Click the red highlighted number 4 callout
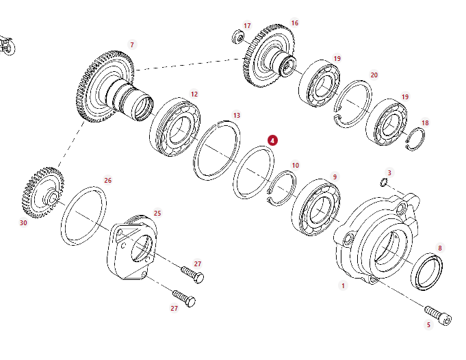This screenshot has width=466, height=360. tap(272, 140)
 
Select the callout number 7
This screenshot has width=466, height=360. tap(132, 45)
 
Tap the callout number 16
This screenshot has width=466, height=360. tap(294, 23)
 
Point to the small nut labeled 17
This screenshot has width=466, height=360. tap(239, 36)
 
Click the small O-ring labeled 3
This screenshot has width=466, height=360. tap(385, 182)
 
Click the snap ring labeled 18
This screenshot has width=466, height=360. tap(416, 138)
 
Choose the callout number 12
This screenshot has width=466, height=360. tap(194, 94)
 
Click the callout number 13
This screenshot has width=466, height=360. tap(236, 115)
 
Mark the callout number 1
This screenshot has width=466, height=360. tap(344, 285)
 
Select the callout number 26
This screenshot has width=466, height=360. tap(107, 181)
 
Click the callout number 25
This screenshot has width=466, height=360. tap(157, 213)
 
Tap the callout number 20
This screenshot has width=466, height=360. tap(374, 75)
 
